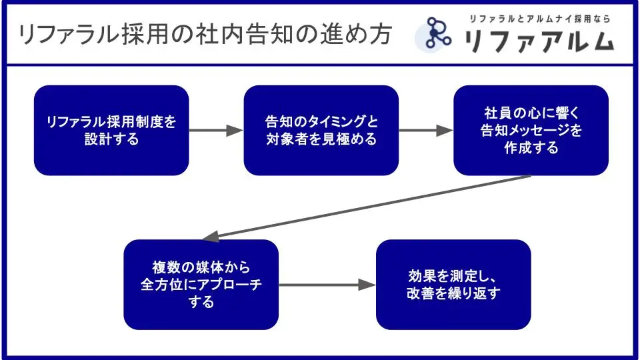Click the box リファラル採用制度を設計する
111,130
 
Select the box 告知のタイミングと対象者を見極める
321,130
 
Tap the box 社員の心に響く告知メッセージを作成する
531,130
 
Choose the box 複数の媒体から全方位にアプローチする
201,285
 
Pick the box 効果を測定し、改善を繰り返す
453,285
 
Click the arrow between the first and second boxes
216,131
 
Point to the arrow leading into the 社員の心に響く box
426,131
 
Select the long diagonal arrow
367,207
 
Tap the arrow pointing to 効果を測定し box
327,285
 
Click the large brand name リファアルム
539,41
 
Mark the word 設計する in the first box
111,139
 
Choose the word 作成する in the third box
531,148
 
